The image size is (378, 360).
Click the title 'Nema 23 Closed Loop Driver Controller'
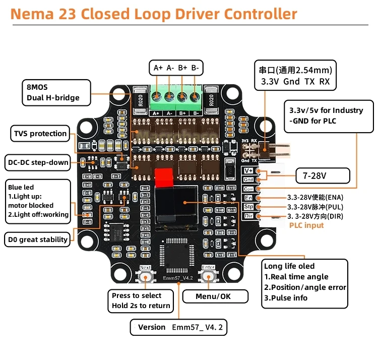click(x=154, y=14)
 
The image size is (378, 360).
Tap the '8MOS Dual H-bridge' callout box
click(x=56, y=92)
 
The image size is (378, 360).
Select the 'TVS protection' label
click(x=40, y=134)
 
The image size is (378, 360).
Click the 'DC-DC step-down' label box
click(x=38, y=162)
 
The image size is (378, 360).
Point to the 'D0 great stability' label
click(x=38, y=239)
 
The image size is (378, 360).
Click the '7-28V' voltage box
click(x=322, y=175)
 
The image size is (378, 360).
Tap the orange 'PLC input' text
click(x=306, y=225)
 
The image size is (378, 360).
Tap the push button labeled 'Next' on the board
click(x=145, y=277)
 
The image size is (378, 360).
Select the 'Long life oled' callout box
click(x=305, y=283)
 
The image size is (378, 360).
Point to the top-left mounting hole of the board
click(x=119, y=94)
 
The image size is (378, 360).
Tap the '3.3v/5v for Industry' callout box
click(x=326, y=115)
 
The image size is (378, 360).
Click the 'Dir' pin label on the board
click(x=248, y=216)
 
